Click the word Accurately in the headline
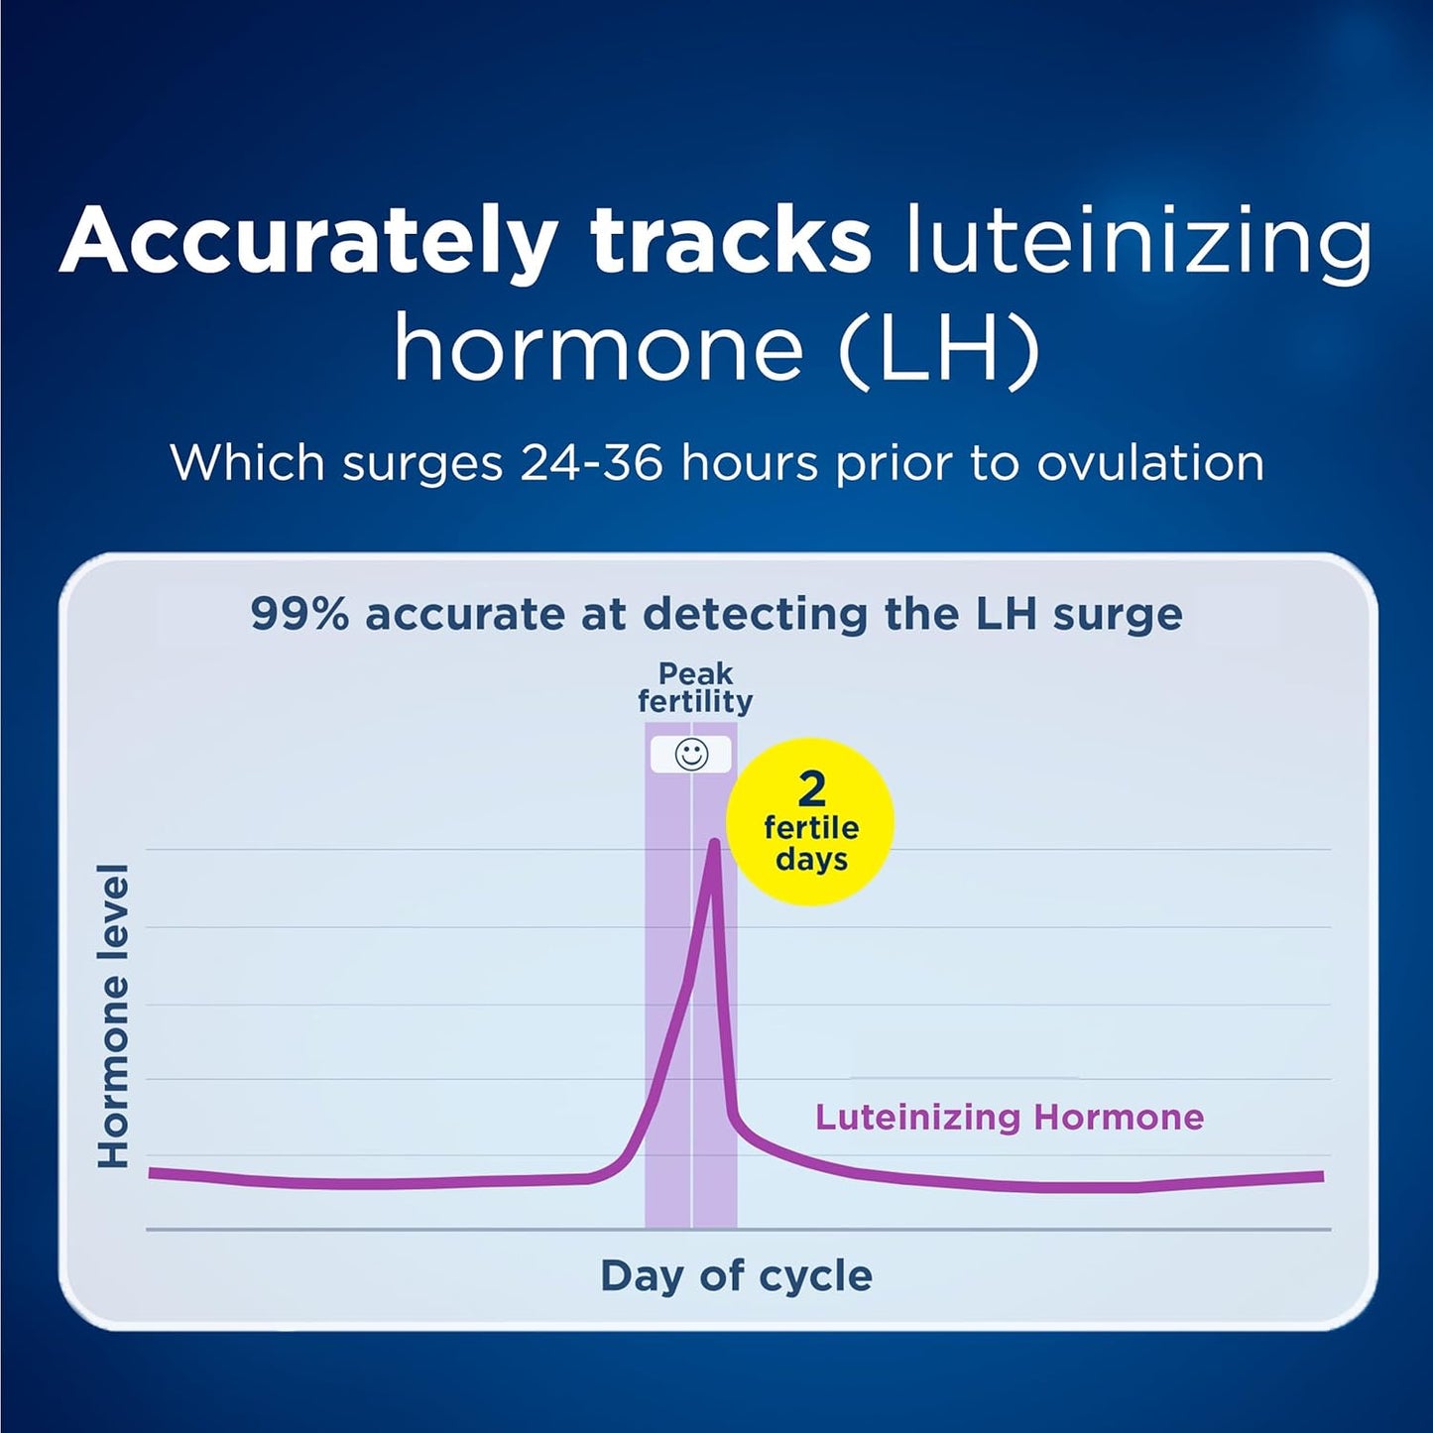point(306,242)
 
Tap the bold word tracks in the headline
point(730,242)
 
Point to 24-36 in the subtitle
point(591,463)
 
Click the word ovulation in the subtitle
point(1150,463)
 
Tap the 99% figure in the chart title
point(299,615)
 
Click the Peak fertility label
point(694,687)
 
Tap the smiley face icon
point(691,755)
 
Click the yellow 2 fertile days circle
point(810,822)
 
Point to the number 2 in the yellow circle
point(811,789)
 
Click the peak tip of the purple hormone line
point(713,843)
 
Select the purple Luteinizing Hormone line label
point(1009,1118)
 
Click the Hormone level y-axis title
point(114,1015)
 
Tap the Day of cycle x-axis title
point(736,1276)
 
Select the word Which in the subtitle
point(247,463)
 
